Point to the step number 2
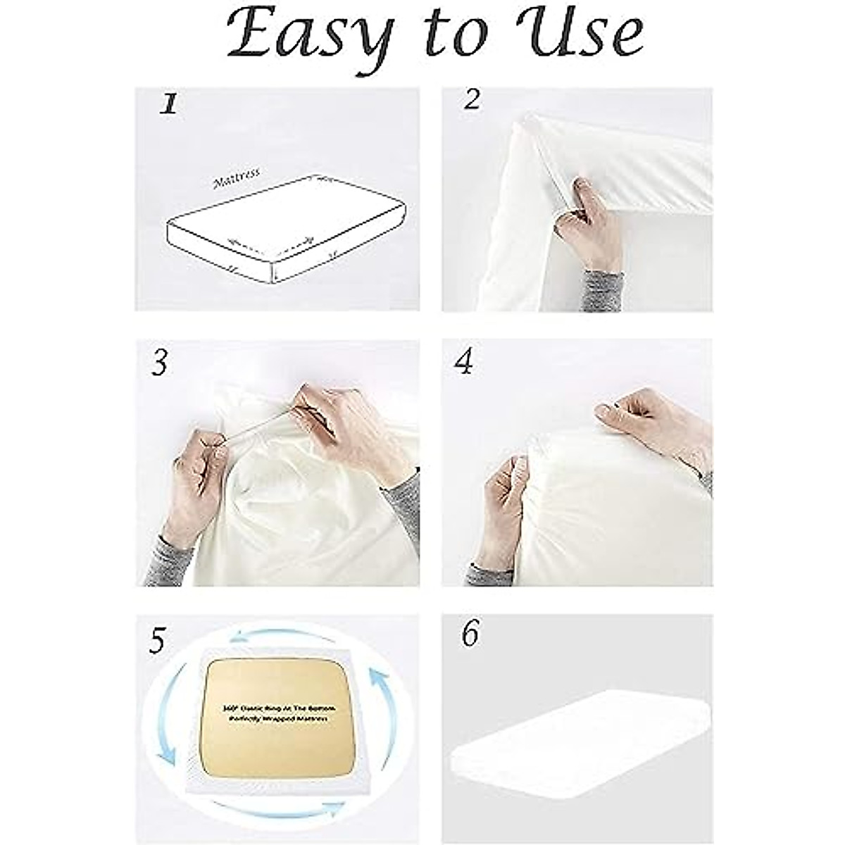pos(472,100)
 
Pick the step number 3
pos(161,363)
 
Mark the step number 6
pos(470,634)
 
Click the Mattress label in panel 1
pos(237,177)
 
